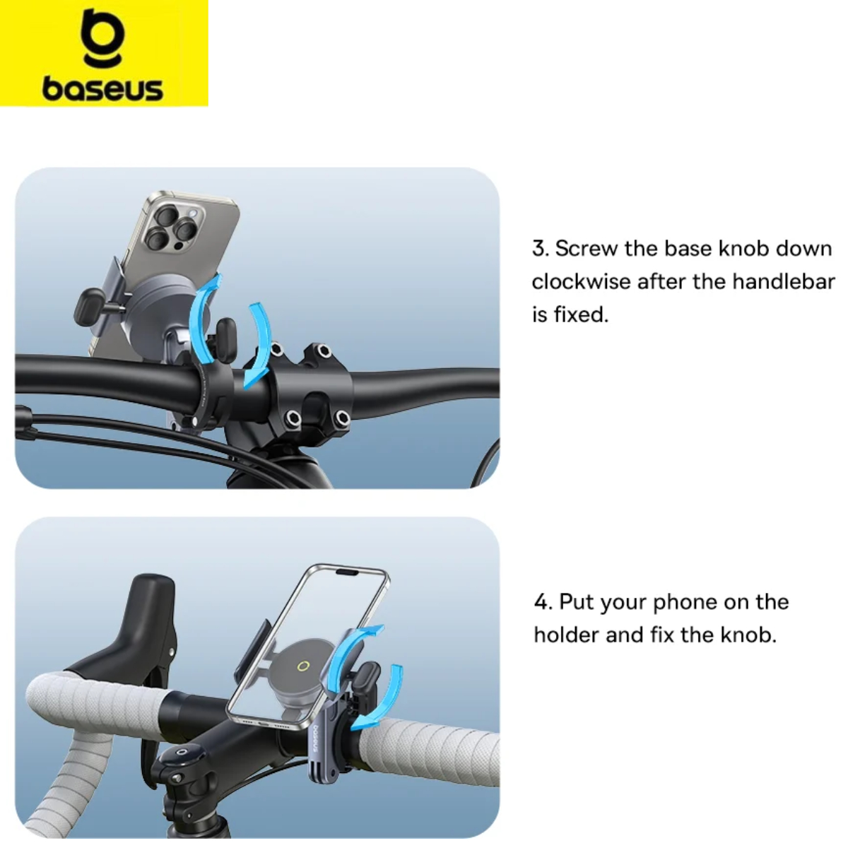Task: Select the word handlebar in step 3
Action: (783, 282)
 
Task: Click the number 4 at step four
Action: (541, 602)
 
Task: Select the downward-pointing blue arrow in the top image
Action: (262, 345)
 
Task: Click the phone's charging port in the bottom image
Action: (263, 724)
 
